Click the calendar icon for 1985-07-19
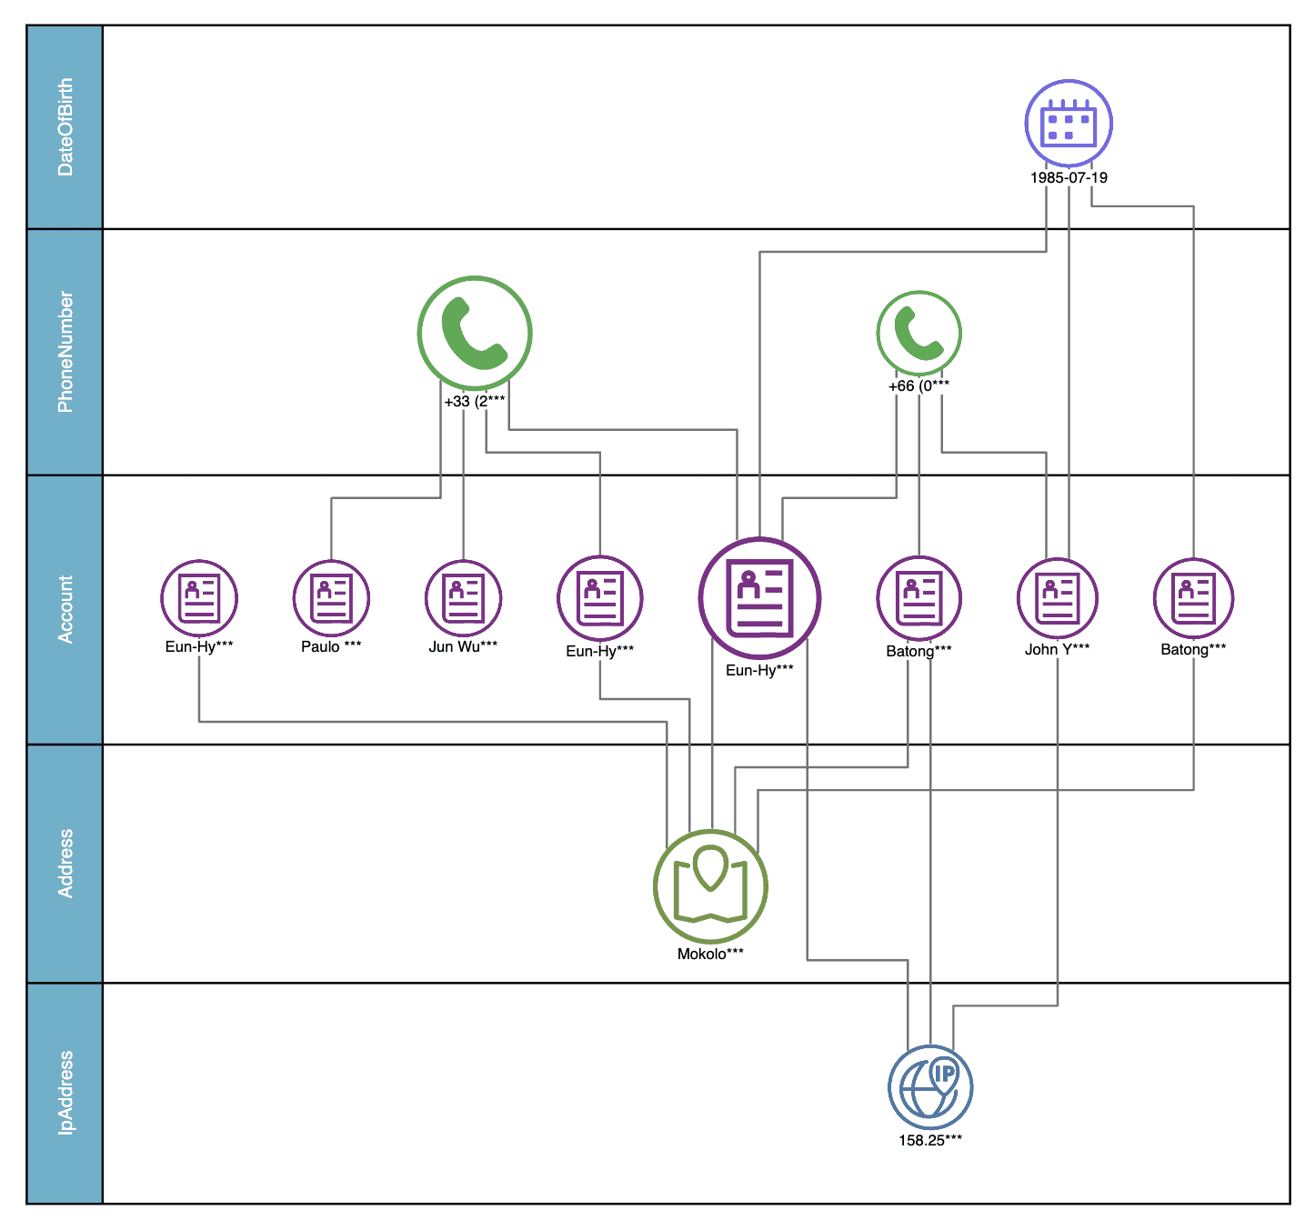(1069, 124)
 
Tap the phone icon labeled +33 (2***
(474, 334)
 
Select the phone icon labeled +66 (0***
(918, 333)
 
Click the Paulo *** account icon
(331, 598)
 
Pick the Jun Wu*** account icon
(464, 598)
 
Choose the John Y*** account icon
(1057, 598)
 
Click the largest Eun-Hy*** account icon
(759, 598)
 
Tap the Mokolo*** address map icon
(710, 886)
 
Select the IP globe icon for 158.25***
(930, 1087)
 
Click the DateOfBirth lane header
(65, 127)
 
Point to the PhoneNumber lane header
(65, 352)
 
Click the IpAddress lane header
(65, 1093)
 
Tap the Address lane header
(65, 863)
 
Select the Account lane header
(65, 609)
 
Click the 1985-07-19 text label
(1069, 177)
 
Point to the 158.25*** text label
(930, 1140)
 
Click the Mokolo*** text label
(710, 954)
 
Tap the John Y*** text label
(1057, 649)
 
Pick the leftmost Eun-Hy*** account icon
(199, 598)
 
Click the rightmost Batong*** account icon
(1193, 598)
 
